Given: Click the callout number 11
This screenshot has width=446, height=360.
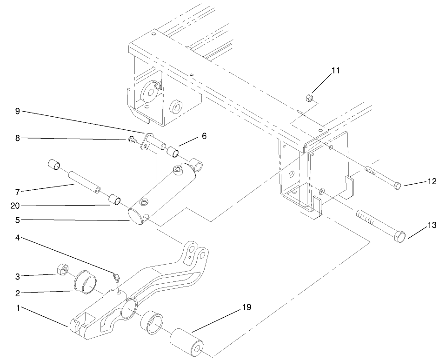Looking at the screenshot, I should click(335, 71).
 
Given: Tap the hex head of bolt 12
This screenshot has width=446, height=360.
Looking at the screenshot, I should click(397, 187).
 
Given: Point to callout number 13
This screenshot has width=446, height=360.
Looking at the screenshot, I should click(432, 226).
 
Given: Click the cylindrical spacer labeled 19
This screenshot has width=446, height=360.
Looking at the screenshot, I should click(186, 343).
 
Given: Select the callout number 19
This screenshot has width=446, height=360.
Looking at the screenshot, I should click(246, 308).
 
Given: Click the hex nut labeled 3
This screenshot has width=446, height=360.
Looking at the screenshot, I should click(62, 269).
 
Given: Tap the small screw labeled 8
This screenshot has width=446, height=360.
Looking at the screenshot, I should click(132, 139).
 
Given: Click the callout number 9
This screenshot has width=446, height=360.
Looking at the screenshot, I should click(17, 111).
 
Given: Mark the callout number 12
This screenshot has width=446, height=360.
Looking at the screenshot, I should click(432, 181).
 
